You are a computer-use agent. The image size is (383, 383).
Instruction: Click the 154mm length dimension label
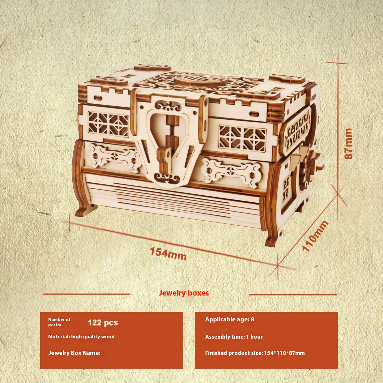(x=168, y=254)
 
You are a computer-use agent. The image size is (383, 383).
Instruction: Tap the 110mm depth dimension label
(x=315, y=236)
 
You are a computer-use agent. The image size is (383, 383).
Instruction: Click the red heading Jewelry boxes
(x=184, y=293)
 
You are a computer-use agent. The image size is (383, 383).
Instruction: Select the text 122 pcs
(x=103, y=323)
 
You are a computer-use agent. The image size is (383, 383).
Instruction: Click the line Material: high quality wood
(x=81, y=337)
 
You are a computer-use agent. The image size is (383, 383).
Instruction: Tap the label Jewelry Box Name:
(x=74, y=353)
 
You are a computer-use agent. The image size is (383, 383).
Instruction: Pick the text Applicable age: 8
(x=229, y=319)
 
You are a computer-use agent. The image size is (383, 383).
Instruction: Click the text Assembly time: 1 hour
(x=234, y=337)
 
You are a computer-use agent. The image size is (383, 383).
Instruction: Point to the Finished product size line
(x=255, y=353)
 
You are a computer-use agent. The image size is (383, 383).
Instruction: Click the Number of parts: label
(x=59, y=322)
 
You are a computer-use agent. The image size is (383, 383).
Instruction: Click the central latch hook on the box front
(x=165, y=160)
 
